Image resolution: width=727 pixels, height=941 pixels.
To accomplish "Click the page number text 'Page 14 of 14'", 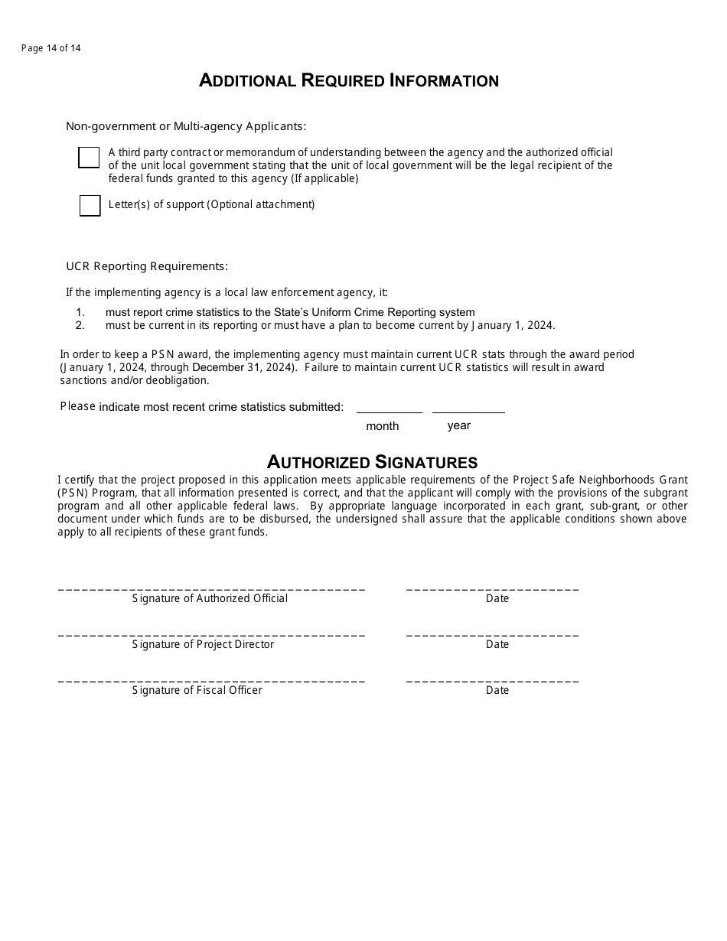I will [x=51, y=48].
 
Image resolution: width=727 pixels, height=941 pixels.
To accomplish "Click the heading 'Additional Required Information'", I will [x=349, y=81].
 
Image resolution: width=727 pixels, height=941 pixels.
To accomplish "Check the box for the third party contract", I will [x=89, y=158].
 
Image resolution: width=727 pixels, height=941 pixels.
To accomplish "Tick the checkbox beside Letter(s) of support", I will [x=90, y=206].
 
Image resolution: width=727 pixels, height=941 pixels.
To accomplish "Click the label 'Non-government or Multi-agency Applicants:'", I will [x=186, y=126].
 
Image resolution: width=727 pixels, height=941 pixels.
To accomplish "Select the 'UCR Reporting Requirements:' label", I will [x=147, y=266].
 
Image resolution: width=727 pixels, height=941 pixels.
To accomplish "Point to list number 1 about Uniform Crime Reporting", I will [x=80, y=312].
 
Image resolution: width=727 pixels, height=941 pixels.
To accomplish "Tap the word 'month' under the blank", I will [x=382, y=426].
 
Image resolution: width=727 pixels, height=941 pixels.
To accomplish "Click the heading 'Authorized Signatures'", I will [x=372, y=462].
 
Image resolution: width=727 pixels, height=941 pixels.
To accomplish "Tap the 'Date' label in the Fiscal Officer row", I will [x=497, y=690].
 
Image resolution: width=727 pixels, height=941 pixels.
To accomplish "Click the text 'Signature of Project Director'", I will [x=203, y=644].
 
